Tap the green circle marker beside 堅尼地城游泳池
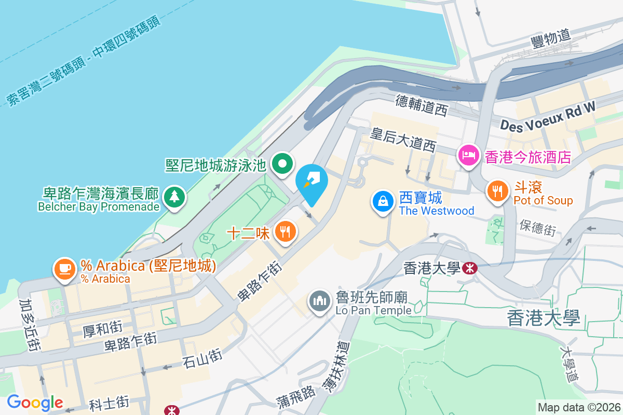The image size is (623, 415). pyautogui.click(x=282, y=165)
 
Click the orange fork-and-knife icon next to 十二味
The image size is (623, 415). pyautogui.click(x=285, y=231)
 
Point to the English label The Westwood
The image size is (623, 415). pyautogui.click(x=437, y=211)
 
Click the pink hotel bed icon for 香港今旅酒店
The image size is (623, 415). pyautogui.click(x=468, y=155)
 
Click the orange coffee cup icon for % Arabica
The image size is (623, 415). pyautogui.click(x=64, y=269)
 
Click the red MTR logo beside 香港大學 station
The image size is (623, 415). pyautogui.click(x=470, y=268)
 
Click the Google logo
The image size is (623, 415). pyautogui.click(x=35, y=402)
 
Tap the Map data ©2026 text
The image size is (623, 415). pyautogui.click(x=578, y=407)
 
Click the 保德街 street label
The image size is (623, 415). pyautogui.click(x=538, y=227)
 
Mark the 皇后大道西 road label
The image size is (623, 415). pyautogui.click(x=402, y=139)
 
